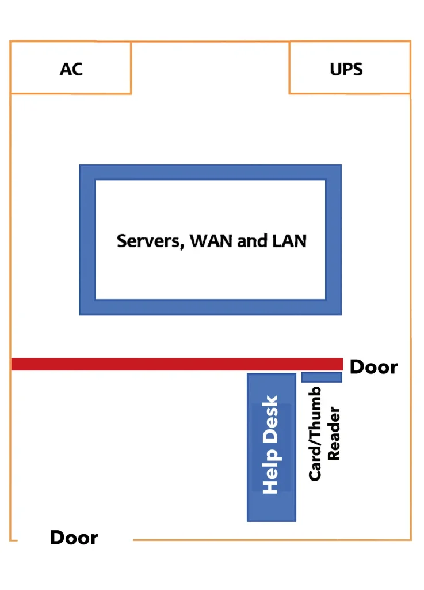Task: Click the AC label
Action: coord(71,69)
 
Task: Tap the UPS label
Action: coord(346,70)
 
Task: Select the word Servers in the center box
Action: coord(150,240)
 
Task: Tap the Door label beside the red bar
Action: coord(373,367)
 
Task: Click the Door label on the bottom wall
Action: coord(74,538)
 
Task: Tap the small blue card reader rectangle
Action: coord(322,377)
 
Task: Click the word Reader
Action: coord(334,433)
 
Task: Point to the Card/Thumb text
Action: coord(315,433)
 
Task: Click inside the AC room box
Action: coord(40,81)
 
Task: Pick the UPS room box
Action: coord(380,81)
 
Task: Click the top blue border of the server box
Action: coord(210,172)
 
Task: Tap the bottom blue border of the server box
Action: coord(210,307)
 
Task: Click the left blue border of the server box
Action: coord(87,240)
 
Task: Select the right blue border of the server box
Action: coord(333,240)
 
